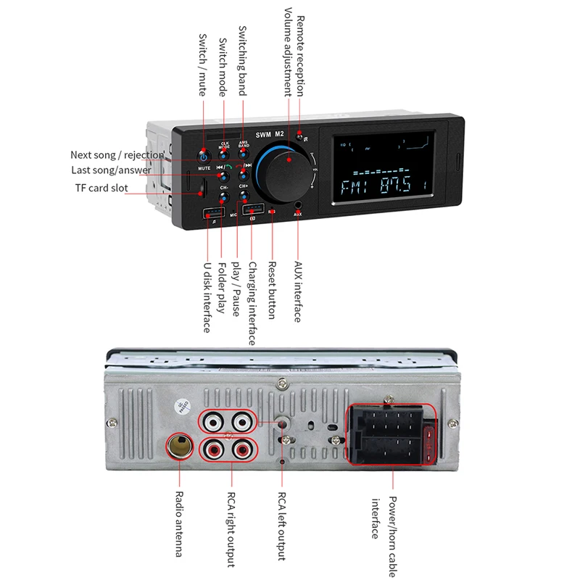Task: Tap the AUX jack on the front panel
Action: (x=297, y=205)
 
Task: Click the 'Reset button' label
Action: (x=273, y=291)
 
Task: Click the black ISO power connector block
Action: (x=384, y=436)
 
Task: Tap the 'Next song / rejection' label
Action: (x=117, y=154)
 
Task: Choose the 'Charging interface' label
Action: (x=252, y=304)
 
